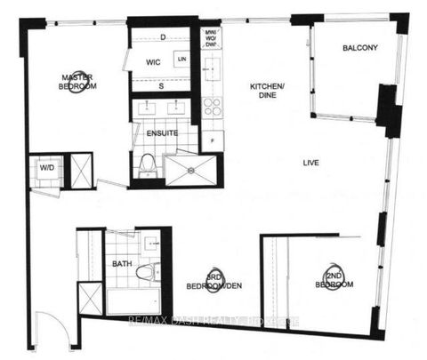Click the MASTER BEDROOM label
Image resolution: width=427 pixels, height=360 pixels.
tap(78, 83)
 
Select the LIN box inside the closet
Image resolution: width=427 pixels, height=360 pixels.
tap(182, 59)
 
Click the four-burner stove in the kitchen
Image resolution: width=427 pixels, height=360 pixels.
tap(213, 107)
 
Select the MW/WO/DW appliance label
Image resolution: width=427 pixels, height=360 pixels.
tap(212, 42)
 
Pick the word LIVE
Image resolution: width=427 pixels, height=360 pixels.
tap(310, 163)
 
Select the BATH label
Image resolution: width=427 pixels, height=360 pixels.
tap(121, 264)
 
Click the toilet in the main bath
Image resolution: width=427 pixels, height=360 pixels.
tap(150, 270)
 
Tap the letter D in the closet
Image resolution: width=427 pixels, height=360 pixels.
tap(164, 36)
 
